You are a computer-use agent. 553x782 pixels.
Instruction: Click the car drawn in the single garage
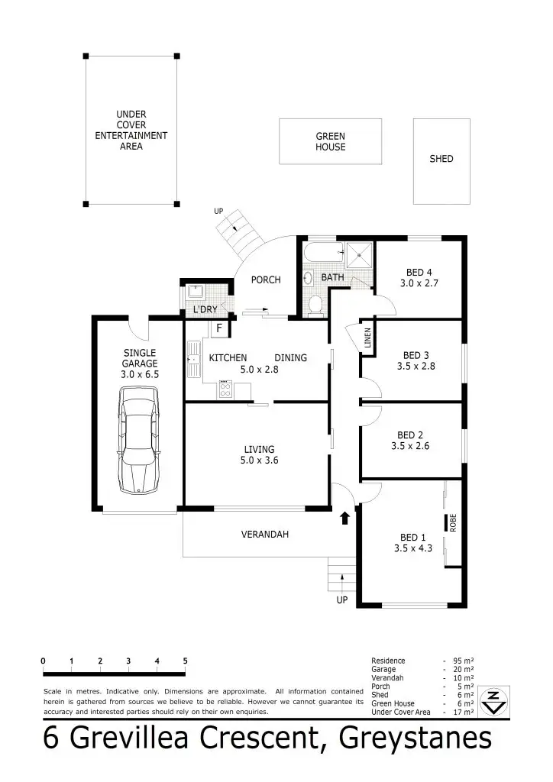tap(138, 439)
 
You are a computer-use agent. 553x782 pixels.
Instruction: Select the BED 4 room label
tap(419, 278)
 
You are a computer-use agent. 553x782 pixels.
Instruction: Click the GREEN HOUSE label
tap(331, 142)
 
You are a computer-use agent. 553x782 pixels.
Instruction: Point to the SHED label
tap(441, 159)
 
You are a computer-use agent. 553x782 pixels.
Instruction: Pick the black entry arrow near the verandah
tap(344, 519)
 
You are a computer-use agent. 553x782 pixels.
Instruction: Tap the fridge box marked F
tap(219, 328)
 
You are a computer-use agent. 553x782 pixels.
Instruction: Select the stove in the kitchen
tap(226, 389)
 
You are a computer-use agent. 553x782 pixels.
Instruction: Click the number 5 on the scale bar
tap(185, 661)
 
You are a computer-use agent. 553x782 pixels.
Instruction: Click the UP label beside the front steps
tap(342, 600)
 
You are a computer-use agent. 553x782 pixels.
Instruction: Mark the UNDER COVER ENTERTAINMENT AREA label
tap(131, 131)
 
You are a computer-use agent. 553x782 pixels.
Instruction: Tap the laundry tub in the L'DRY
tap(195, 292)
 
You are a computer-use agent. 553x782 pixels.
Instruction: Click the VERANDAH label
tap(265, 535)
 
